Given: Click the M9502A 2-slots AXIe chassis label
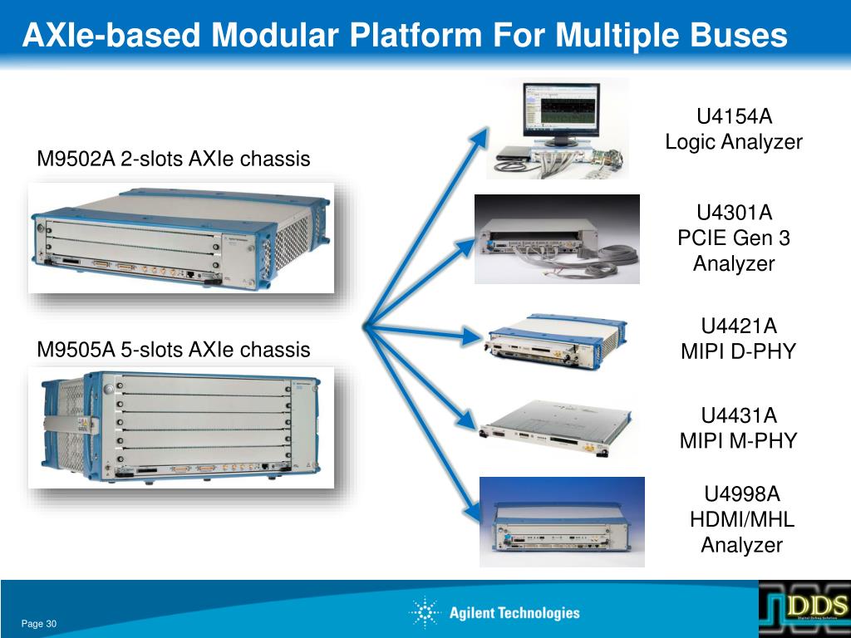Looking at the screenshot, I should click(173, 159).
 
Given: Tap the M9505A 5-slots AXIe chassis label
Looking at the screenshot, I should click(173, 350).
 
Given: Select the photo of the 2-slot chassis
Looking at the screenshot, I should click(181, 238).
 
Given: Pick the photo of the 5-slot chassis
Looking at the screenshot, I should click(181, 428).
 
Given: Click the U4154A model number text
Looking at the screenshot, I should click(734, 116).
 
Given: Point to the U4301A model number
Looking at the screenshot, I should click(734, 213).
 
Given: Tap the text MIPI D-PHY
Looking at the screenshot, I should click(738, 351).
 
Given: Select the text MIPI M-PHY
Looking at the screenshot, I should click(738, 440).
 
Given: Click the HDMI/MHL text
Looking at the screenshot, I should click(742, 520).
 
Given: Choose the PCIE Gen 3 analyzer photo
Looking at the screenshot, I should click(557, 239).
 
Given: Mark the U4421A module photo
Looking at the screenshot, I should click(553, 341).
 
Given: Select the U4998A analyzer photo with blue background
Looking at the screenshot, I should click(563, 522).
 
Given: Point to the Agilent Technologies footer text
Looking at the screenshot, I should click(514, 613).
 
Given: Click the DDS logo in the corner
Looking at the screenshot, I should click(804, 607).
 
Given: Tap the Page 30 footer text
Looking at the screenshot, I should click(38, 624).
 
